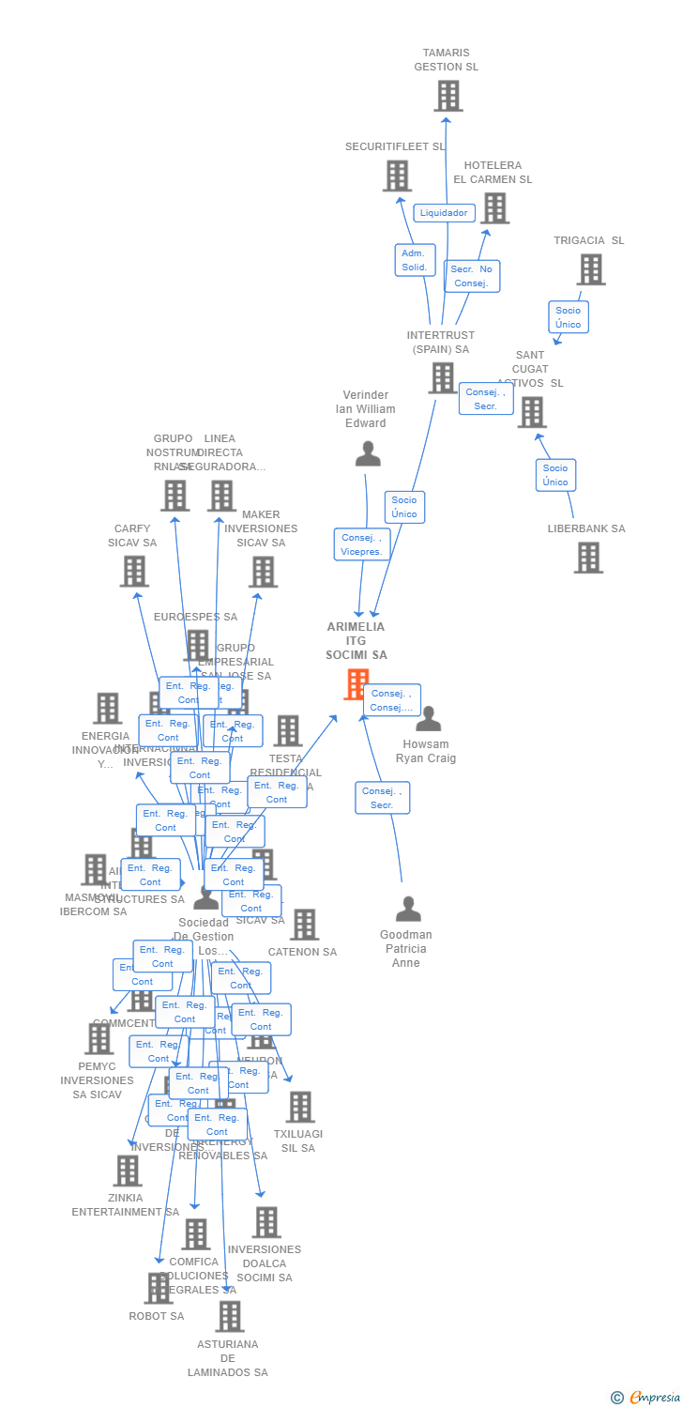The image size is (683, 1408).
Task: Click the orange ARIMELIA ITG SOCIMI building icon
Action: point(357,684)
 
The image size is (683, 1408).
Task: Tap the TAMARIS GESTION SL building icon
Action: point(448,96)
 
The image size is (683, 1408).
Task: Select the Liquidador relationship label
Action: point(444,213)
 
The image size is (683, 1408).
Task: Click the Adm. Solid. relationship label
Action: point(415,260)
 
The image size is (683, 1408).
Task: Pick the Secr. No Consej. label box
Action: point(472,276)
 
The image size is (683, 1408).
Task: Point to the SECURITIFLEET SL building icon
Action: point(397,176)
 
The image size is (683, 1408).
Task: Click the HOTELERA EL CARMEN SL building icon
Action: point(494,208)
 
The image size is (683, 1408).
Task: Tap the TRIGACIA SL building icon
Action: point(590,269)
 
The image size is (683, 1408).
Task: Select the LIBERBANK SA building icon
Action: point(588,558)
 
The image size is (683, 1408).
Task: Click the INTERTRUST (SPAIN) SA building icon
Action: point(442,377)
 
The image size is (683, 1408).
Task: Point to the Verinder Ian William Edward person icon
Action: point(368,454)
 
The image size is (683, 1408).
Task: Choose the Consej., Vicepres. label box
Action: point(362,544)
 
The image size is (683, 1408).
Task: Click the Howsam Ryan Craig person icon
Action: point(429,719)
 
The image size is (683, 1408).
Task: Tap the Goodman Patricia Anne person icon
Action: point(408,910)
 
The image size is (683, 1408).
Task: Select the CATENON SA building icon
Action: point(304,925)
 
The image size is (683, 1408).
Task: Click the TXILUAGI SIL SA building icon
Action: point(299,1107)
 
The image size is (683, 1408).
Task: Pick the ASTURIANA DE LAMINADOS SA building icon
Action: point(229,1316)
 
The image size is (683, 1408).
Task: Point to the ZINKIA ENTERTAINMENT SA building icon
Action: point(128,1171)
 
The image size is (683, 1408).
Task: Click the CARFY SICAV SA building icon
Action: point(134,571)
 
